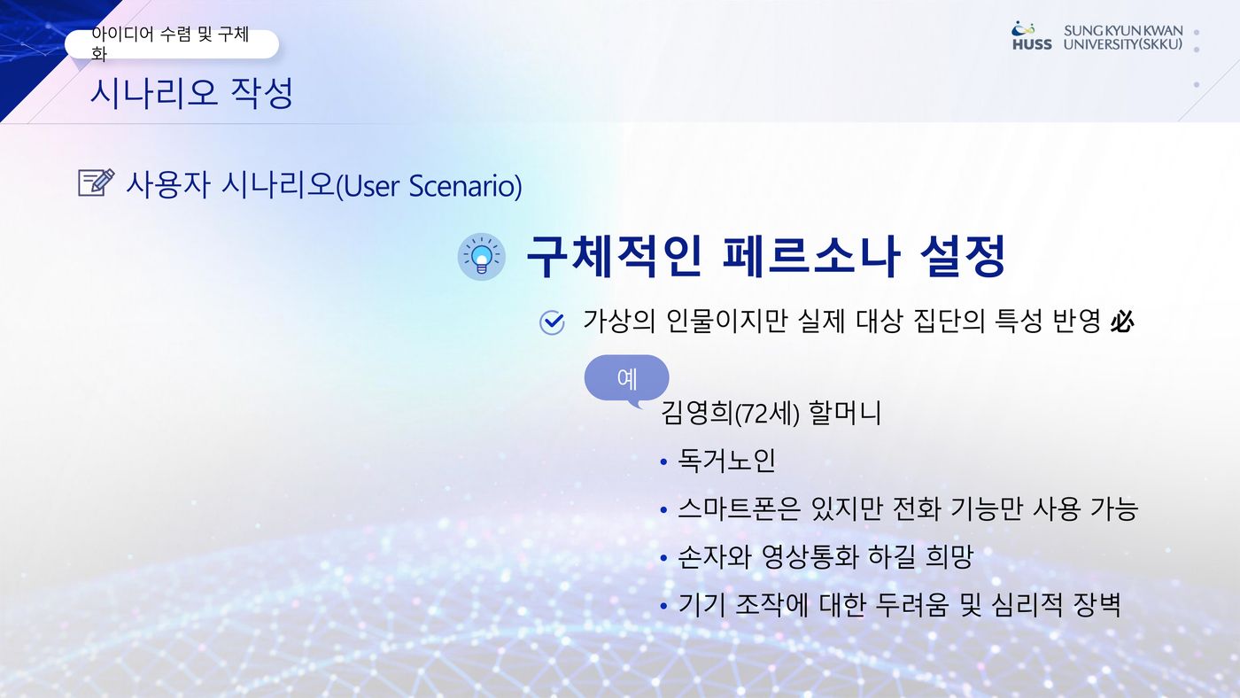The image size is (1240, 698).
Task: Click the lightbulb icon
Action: pyautogui.click(x=482, y=257)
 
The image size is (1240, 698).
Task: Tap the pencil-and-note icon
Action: pyautogui.click(x=97, y=182)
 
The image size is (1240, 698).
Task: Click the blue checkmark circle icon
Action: pyautogui.click(x=552, y=322)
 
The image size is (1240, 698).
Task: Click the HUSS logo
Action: pyautogui.click(x=1032, y=36)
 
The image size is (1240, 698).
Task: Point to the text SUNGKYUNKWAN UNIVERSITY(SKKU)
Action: pyautogui.click(x=1123, y=37)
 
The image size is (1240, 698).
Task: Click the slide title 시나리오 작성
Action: pyautogui.click(x=191, y=93)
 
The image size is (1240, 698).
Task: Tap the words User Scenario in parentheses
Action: pyautogui.click(x=429, y=185)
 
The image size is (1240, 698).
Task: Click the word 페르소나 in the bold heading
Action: pyautogui.click(x=811, y=256)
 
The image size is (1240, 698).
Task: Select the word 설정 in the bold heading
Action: pyautogui.click(x=963, y=256)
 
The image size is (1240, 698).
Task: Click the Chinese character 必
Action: pyautogui.click(x=1121, y=322)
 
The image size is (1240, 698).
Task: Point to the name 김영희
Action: pyautogui.click(x=697, y=413)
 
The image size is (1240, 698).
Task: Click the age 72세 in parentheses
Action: pyautogui.click(x=767, y=414)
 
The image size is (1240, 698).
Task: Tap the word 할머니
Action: pyautogui.click(x=845, y=413)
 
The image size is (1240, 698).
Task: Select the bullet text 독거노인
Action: pyautogui.click(x=726, y=461)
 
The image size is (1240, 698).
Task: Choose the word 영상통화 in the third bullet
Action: pyautogui.click(x=810, y=557)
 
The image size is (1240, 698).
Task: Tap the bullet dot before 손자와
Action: pyautogui.click(x=663, y=558)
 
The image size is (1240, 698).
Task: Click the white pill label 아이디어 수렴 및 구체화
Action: pyautogui.click(x=172, y=43)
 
